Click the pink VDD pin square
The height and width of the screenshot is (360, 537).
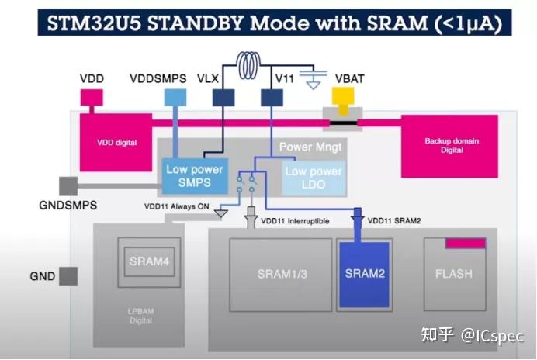(x=92, y=98)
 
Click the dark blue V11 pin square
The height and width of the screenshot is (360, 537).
(x=271, y=97)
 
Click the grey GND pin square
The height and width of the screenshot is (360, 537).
(x=68, y=276)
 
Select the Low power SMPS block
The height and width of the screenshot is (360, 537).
(x=195, y=176)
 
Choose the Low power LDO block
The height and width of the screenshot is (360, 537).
(x=313, y=177)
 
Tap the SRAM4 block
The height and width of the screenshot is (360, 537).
(x=149, y=262)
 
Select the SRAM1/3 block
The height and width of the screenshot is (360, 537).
(x=278, y=274)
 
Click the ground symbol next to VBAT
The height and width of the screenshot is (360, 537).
(x=313, y=79)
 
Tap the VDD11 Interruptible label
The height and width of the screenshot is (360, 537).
(x=296, y=221)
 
